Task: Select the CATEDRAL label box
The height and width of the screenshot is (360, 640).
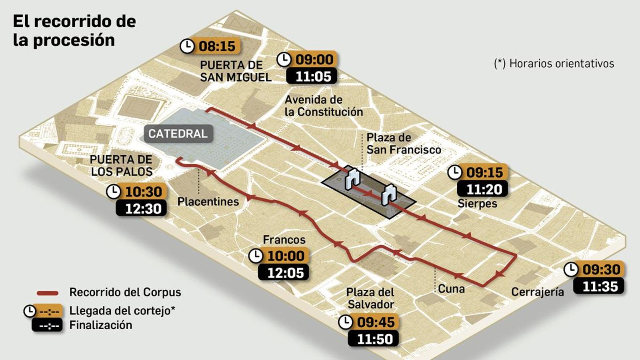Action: point(178,134)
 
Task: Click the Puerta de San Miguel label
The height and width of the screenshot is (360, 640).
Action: point(235,71)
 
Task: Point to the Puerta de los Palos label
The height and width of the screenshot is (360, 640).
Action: point(121,166)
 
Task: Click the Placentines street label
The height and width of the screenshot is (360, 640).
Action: point(208,202)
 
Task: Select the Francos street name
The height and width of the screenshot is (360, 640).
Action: point(284,240)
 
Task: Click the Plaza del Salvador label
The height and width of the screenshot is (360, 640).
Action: point(370,298)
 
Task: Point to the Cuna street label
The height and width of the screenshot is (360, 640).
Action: point(451,289)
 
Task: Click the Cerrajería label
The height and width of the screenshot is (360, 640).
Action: point(537,292)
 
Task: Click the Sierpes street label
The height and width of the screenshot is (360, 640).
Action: point(477,203)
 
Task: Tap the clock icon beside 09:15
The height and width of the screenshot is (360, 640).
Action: point(454,172)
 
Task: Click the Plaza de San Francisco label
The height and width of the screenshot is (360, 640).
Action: point(403,144)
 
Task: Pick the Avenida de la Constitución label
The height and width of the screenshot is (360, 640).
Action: point(324,106)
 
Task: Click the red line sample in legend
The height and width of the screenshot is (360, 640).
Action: point(48,293)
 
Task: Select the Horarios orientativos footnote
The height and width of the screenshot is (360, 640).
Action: point(554,64)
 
